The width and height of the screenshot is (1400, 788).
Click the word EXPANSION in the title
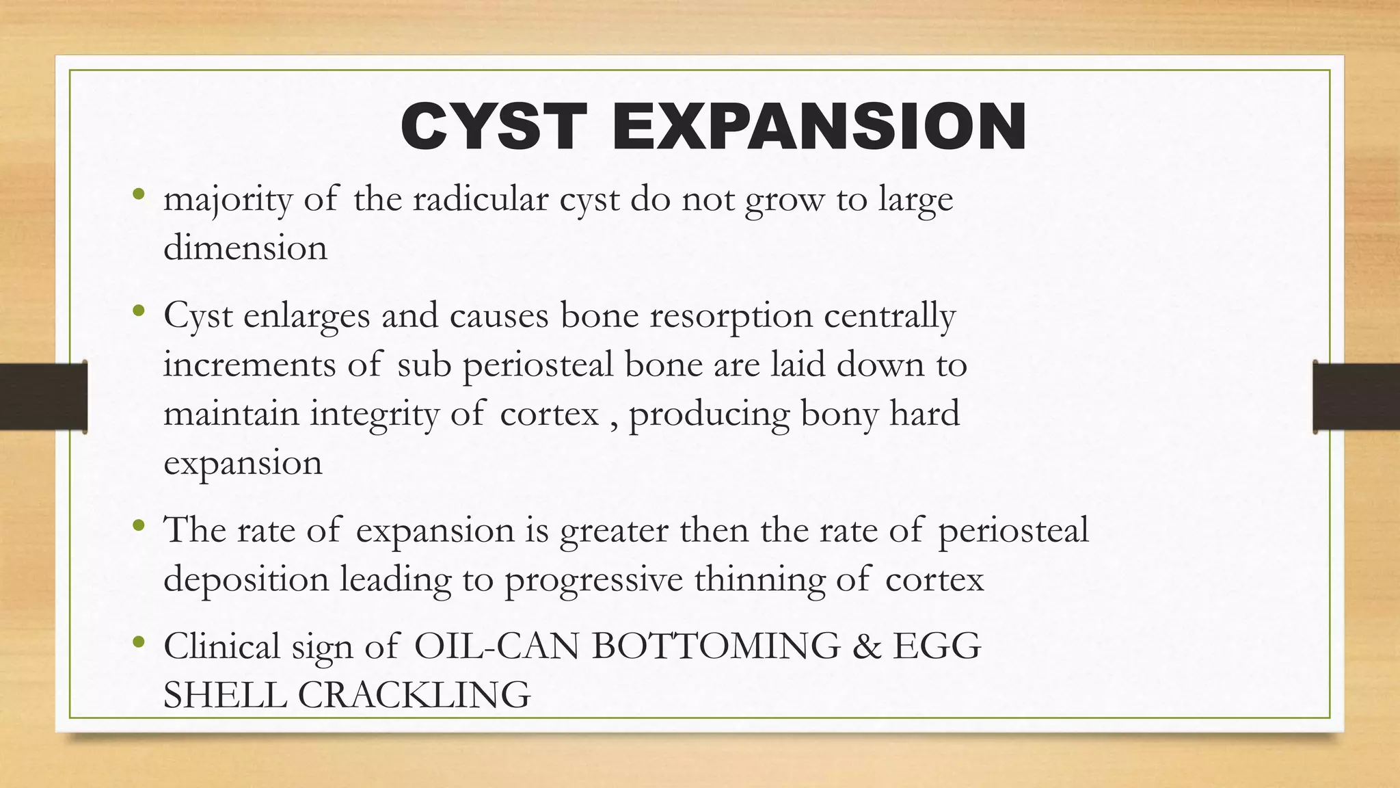pyautogui.click(x=820, y=127)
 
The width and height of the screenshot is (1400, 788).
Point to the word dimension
pyautogui.click(x=245, y=248)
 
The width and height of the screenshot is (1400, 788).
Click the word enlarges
pyautogui.click(x=306, y=317)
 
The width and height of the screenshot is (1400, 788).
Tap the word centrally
pyautogui.click(x=889, y=317)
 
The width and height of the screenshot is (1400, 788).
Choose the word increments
pyautogui.click(x=250, y=365)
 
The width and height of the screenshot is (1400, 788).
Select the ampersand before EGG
pyautogui.click(x=867, y=646)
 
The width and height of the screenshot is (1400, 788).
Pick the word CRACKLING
pyautogui.click(x=414, y=696)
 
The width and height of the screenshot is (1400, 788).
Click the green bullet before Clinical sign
pyautogui.click(x=139, y=642)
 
